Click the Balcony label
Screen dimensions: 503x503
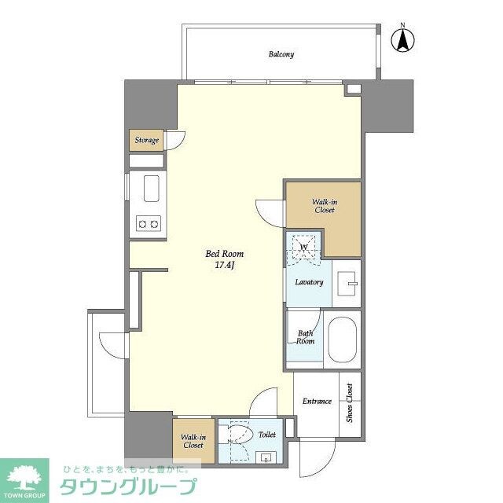pyautogui.click(x=281, y=54)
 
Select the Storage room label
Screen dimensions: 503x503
pyautogui.click(x=146, y=141)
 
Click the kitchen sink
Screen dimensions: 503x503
pyautogui.click(x=149, y=189)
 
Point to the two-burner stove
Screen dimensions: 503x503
pyautogui.click(x=149, y=224)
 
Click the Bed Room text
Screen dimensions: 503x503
pyautogui.click(x=224, y=254)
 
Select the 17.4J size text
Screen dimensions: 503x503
pyautogui.click(x=225, y=266)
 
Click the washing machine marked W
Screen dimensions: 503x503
pyautogui.click(x=303, y=247)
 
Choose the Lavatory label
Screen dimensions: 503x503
pyautogui.click(x=309, y=281)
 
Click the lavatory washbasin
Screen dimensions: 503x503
pyautogui.click(x=347, y=281)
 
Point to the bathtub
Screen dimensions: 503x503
pyautogui.click(x=340, y=338)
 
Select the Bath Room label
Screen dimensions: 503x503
pyautogui.click(x=305, y=337)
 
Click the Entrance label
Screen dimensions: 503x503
pyautogui.click(x=317, y=402)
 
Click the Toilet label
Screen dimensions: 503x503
pyautogui.click(x=267, y=433)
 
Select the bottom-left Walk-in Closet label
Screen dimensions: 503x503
pyautogui.click(x=193, y=441)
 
